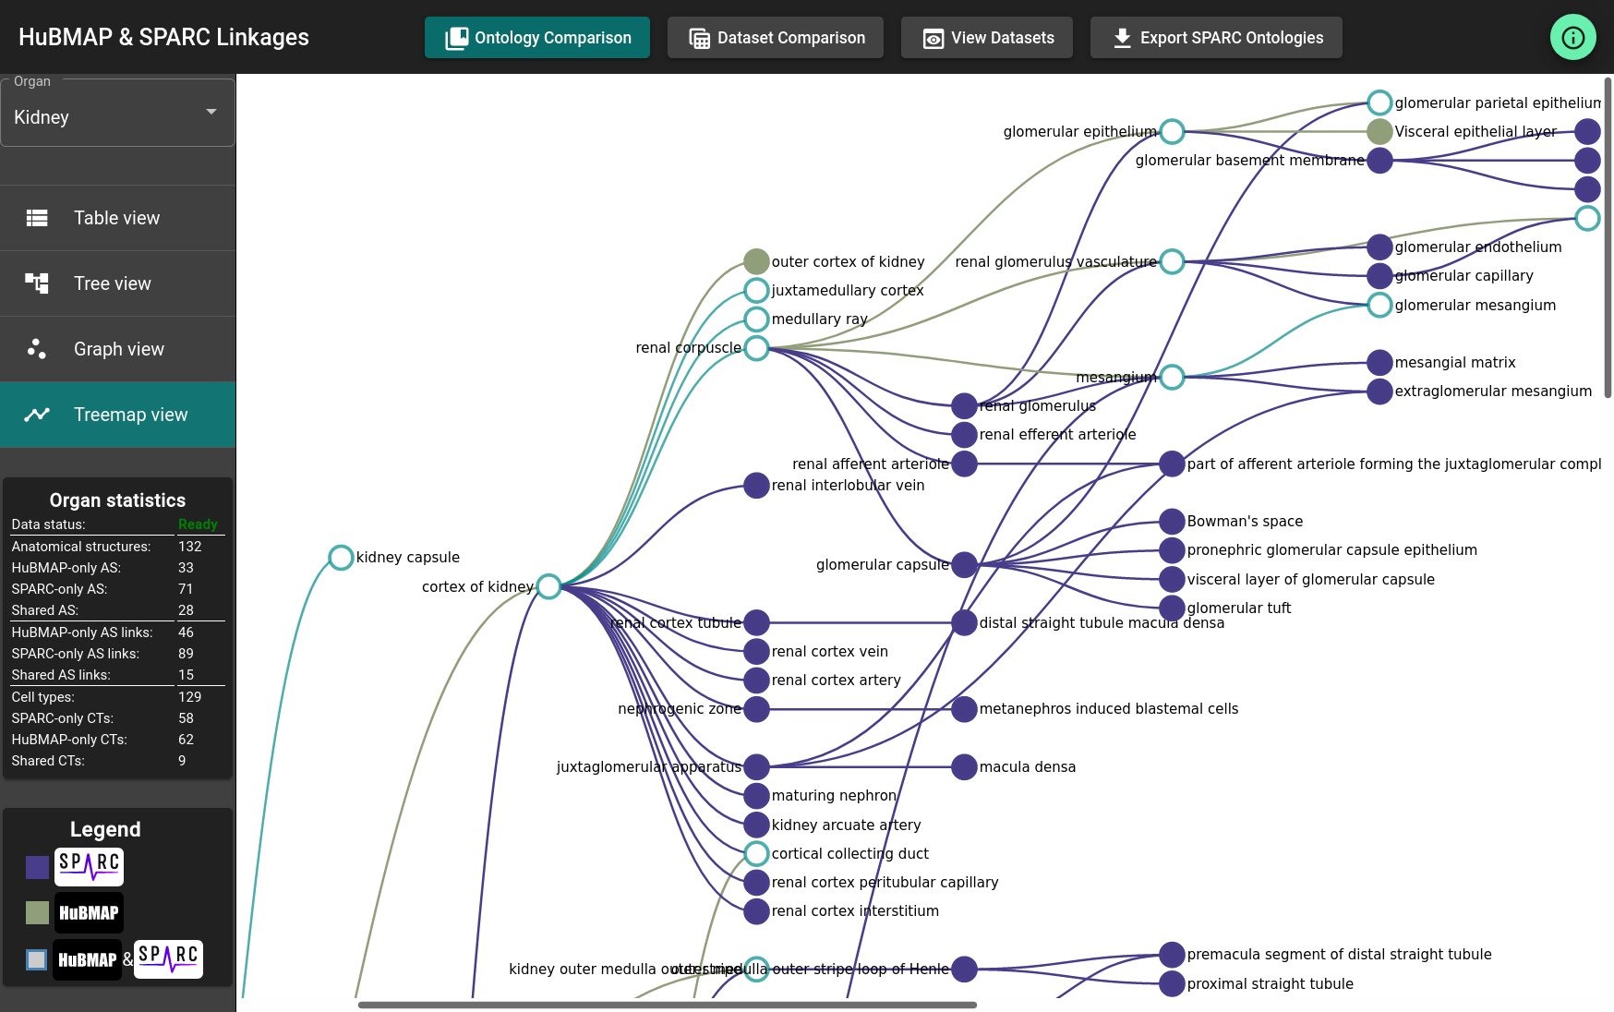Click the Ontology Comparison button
[537, 38]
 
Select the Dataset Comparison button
[776, 38]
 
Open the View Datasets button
[987, 38]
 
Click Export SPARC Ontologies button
[1216, 38]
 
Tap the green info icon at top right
[1572, 38]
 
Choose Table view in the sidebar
[117, 218]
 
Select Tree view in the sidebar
[117, 283]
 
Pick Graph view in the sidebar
[117, 349]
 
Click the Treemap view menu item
[117, 415]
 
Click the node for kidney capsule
[341, 558]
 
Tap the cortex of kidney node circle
[548, 586]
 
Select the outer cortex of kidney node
[756, 261]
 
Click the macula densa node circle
[964, 767]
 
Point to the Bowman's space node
[1172, 521]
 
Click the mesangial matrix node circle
[1379, 362]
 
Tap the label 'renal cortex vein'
[829, 652]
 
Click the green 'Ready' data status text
[198, 524]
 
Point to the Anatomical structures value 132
[189, 547]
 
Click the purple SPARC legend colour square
[38, 867]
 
